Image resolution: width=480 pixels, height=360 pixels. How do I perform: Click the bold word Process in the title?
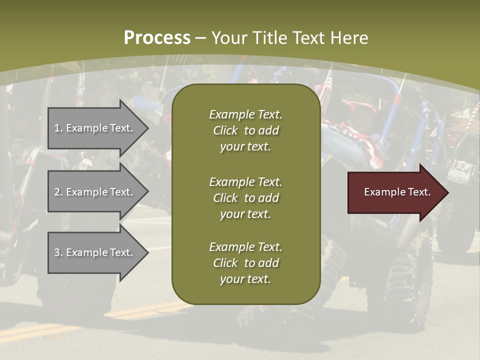point(157,38)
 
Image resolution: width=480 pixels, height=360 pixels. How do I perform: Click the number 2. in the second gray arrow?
point(58,192)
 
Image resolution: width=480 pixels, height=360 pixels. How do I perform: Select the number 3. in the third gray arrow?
point(58,252)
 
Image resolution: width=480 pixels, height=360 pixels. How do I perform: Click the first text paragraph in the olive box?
point(245,130)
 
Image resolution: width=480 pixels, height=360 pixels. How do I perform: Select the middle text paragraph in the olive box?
point(245,197)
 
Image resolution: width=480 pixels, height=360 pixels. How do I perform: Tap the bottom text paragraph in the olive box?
point(245,263)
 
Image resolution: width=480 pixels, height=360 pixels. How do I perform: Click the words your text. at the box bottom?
point(245,279)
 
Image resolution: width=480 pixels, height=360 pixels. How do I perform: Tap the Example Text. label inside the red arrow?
point(397,192)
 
